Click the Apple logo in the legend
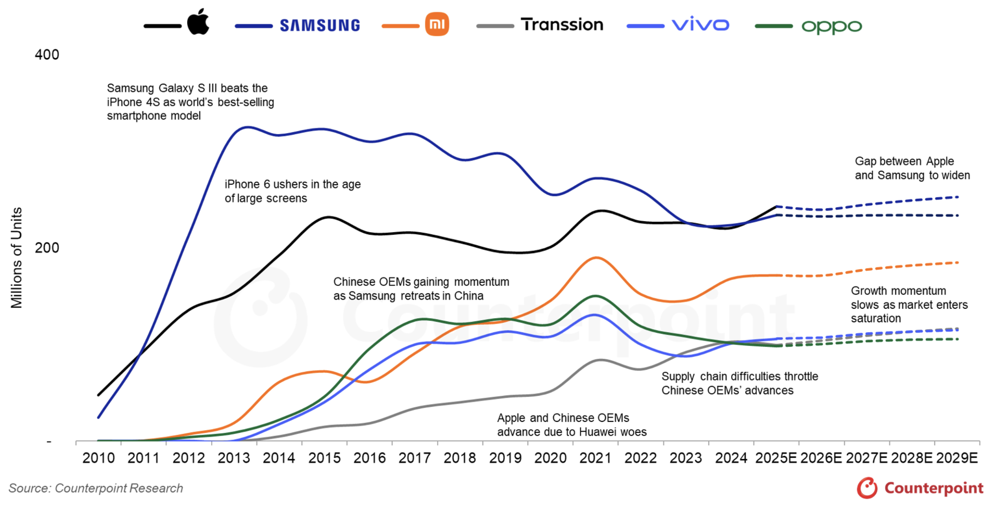point(198,22)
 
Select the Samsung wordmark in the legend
point(320,26)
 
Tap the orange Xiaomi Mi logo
point(437,24)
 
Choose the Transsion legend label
point(562,25)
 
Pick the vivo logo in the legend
point(700,25)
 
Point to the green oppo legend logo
point(831,27)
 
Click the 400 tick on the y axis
point(47,55)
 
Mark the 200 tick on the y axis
point(47,248)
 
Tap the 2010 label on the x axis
point(98,458)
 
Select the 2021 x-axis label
point(595,458)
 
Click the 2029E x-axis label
point(957,458)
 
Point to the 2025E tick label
point(776,458)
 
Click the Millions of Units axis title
point(16,258)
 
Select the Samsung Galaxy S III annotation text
point(190,102)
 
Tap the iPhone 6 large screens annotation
point(293,191)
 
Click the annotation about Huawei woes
point(572,425)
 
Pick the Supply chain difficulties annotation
point(739,383)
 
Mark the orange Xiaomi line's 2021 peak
point(596,257)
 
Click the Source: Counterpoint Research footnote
point(96,488)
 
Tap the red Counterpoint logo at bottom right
point(920,488)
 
